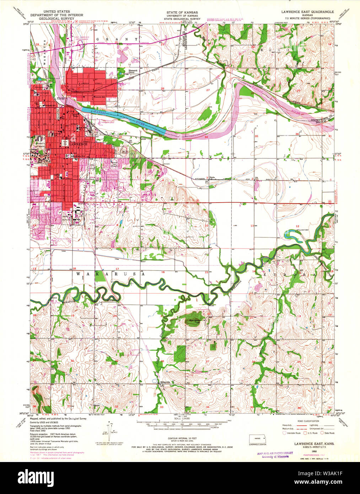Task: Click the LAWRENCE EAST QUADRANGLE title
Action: pyautogui.click(x=307, y=12)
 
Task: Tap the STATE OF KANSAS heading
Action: pyautogui.click(x=182, y=12)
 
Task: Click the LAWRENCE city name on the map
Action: pyautogui.click(x=77, y=144)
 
